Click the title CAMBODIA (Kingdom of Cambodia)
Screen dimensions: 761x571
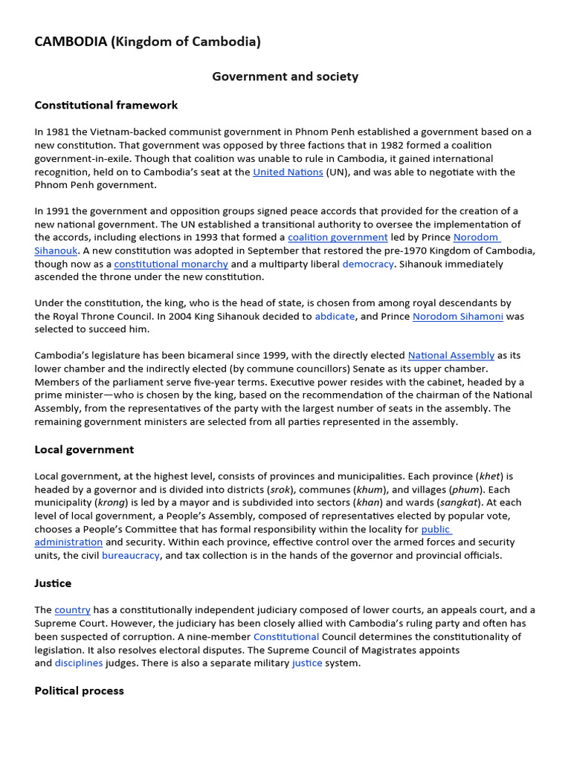(x=147, y=42)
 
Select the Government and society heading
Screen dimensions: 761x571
(x=285, y=77)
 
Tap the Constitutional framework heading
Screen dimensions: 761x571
(x=106, y=105)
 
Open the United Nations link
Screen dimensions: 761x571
(x=288, y=172)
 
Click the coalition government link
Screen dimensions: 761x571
(x=338, y=237)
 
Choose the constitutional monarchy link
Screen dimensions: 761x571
(x=171, y=264)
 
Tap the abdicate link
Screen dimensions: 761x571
(x=335, y=316)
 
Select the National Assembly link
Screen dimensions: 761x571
(x=451, y=355)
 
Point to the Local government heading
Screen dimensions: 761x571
(x=84, y=450)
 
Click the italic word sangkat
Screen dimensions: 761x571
(x=459, y=502)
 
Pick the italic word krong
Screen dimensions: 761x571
(x=110, y=502)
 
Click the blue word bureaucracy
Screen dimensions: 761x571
(x=130, y=555)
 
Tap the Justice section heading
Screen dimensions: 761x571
(x=53, y=583)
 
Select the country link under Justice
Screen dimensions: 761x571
(x=72, y=610)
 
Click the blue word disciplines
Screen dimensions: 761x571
(x=79, y=663)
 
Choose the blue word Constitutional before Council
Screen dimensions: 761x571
(x=286, y=637)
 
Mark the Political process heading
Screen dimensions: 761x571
(x=79, y=690)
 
